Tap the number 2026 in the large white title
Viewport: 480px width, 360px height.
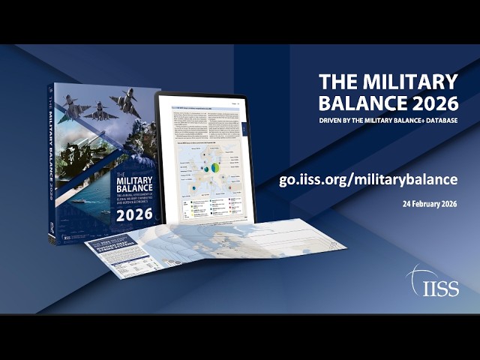(x=429, y=101)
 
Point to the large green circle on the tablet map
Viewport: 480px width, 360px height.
(x=215, y=167)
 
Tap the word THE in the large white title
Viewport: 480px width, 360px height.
(x=336, y=81)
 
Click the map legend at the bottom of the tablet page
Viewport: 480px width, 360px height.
(x=210, y=204)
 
